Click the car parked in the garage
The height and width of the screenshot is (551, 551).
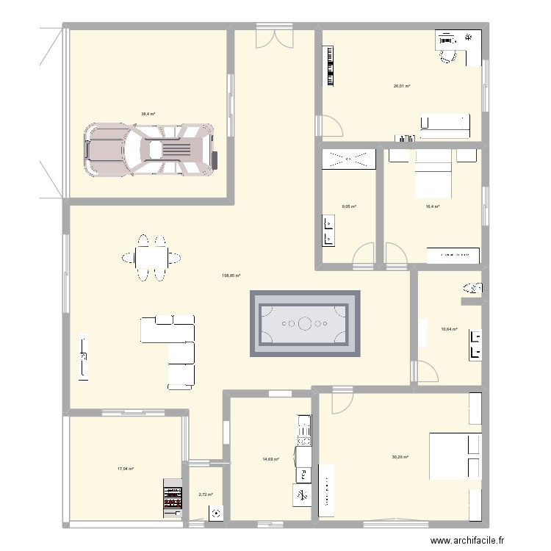click(x=150, y=150)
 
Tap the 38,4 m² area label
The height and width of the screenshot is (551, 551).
click(x=148, y=114)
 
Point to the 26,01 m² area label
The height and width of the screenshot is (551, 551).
click(x=401, y=86)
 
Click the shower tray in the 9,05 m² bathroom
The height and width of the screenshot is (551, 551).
click(x=349, y=159)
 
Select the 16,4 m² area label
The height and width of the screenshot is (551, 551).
click(x=432, y=206)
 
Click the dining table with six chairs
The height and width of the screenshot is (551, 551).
click(x=151, y=257)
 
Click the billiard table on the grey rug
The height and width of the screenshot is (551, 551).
click(x=305, y=323)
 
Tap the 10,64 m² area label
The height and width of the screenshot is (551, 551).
click(x=449, y=330)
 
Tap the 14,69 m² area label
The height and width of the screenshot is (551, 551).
click(x=270, y=460)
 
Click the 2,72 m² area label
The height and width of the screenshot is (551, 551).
click(x=205, y=494)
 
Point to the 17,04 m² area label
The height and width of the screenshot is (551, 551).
click(x=125, y=469)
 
